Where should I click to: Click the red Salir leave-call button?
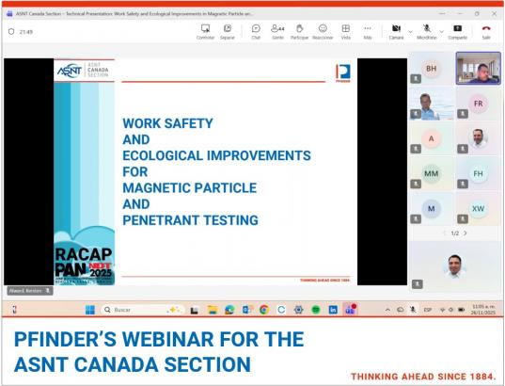point(485,32)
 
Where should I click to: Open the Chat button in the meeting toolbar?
point(254,32)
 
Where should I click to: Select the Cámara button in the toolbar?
point(396,32)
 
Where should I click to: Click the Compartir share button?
point(458,32)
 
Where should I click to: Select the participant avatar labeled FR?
point(477,103)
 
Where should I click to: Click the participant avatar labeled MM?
point(431,173)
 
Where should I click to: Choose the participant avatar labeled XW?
point(477,207)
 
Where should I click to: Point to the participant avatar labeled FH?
point(477,173)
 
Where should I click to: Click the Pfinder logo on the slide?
point(341,73)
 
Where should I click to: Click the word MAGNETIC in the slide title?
point(160,187)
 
